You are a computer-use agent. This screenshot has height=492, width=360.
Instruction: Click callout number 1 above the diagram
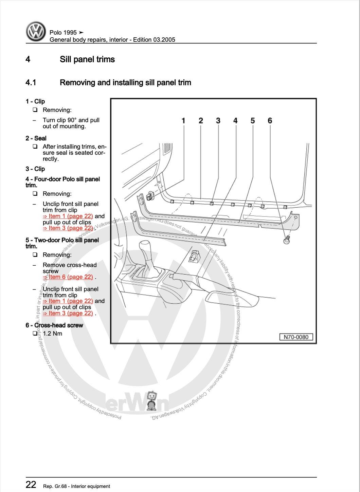pyautogui.click(x=183, y=120)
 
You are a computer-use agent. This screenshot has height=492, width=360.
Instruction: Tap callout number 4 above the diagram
pyautogui.click(x=235, y=120)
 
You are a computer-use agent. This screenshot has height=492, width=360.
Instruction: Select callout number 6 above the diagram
pyautogui.click(x=270, y=120)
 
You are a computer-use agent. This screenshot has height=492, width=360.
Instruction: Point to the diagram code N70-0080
pyautogui.click(x=296, y=337)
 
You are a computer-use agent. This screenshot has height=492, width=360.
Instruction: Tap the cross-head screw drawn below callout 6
pyautogui.click(x=286, y=241)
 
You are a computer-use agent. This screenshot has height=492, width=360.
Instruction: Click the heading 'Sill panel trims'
pyautogui.click(x=87, y=59)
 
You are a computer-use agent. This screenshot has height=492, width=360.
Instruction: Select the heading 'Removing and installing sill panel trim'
pyautogui.click(x=125, y=82)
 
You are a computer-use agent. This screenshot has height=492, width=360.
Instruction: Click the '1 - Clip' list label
pyautogui.click(x=35, y=101)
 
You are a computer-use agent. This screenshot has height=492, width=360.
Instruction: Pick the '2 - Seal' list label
pyautogui.click(x=36, y=138)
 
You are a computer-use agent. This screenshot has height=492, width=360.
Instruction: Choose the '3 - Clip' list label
pyautogui.click(x=35, y=169)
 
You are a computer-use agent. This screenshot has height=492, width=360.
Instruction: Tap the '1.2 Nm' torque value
pyautogui.click(x=52, y=333)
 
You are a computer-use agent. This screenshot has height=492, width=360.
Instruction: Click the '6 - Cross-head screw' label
pyautogui.click(x=54, y=325)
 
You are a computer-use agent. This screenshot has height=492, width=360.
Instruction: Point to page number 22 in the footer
pyautogui.click(x=31, y=485)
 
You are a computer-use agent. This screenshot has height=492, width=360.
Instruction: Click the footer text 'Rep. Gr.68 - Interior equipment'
pyautogui.click(x=76, y=486)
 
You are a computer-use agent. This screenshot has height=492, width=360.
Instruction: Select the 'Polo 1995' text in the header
pyautogui.click(x=63, y=33)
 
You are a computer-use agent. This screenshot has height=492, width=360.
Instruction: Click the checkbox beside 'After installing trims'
pyautogui.click(x=35, y=147)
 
